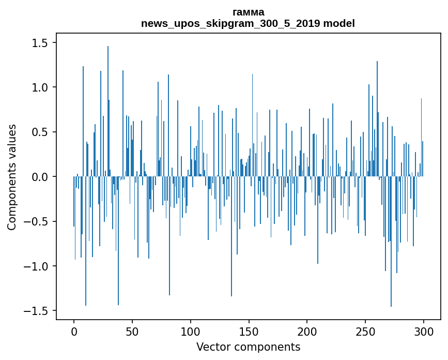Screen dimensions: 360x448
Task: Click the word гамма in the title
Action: pos(248,12)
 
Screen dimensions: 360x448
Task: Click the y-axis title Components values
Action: pos(12,177)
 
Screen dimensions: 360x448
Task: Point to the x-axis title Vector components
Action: pos(248,347)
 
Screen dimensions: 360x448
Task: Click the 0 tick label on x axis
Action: pos(74,331)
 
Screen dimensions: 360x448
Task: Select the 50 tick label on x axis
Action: pos(132,331)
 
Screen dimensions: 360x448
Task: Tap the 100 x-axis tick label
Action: pos(191,331)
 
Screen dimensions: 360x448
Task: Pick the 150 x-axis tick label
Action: pos(249,331)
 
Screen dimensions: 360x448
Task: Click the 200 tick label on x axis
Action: pos(307,331)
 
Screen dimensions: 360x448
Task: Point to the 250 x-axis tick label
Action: pos(365,331)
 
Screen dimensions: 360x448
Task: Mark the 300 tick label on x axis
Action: pos(424,331)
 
